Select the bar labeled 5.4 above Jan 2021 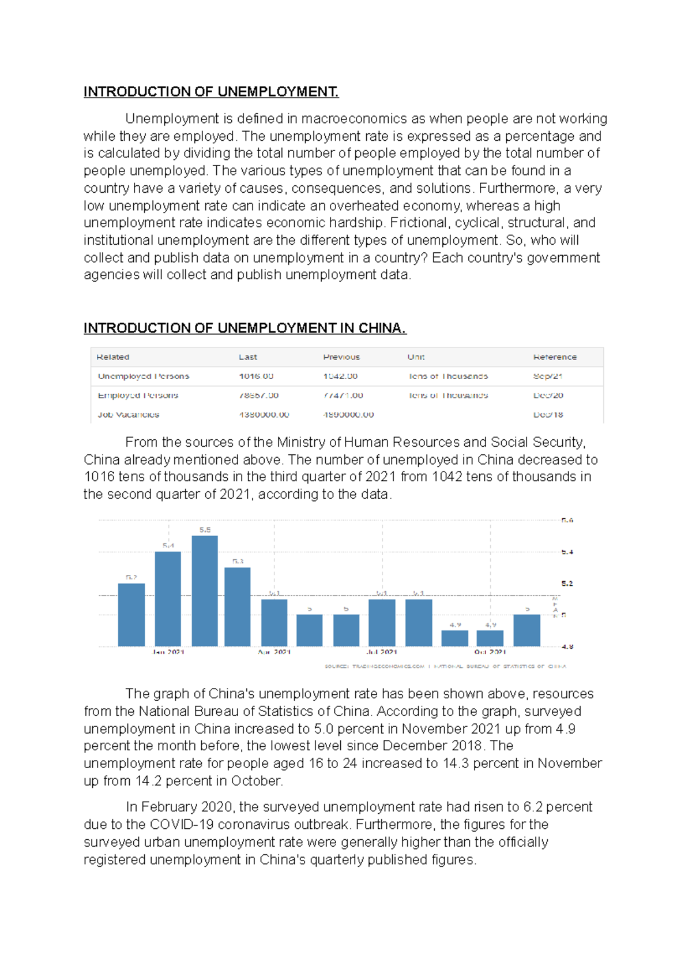click(168, 599)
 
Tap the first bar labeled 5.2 click(131, 615)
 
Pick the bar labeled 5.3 click(238, 607)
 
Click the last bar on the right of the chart click(526, 630)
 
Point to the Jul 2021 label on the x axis click(382, 652)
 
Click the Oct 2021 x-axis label click(490, 652)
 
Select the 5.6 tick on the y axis click(567, 520)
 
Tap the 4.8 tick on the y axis click(567, 646)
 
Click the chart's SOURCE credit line click(445, 666)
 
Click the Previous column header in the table click(341, 357)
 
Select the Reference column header click(555, 357)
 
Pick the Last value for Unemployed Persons click(256, 376)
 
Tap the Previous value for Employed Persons click(343, 395)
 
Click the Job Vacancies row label click(129, 414)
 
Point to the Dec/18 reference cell click(548, 414)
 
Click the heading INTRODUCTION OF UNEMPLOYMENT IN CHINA click(245, 328)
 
